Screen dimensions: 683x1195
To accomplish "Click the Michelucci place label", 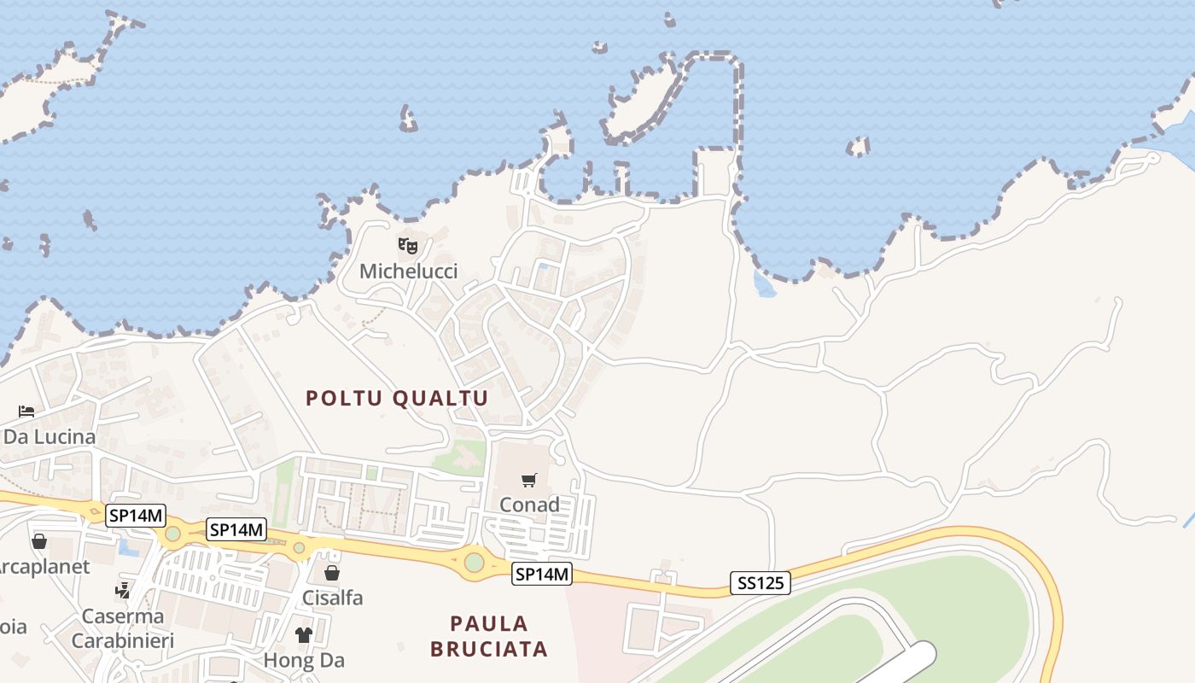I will [x=408, y=271].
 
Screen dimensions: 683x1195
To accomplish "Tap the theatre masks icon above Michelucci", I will [x=408, y=246].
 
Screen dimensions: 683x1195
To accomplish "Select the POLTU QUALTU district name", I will [x=397, y=398].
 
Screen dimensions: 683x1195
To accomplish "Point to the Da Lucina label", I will [x=49, y=437].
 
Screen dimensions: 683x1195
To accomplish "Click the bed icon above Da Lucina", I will [x=26, y=412].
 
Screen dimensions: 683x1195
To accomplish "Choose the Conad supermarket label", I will [x=529, y=505].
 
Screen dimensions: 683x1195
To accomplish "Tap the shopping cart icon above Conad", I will [x=529, y=480].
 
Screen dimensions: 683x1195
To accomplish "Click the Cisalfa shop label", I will [x=332, y=598].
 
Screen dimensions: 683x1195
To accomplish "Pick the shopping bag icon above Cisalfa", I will [x=332, y=573].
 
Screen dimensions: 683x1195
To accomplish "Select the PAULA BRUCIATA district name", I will [x=488, y=636].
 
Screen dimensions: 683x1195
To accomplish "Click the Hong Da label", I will [x=304, y=660].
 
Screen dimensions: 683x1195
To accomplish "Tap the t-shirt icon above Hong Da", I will [x=304, y=635].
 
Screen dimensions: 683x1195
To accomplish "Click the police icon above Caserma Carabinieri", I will [x=123, y=590].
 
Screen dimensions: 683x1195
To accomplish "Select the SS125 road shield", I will [x=761, y=584].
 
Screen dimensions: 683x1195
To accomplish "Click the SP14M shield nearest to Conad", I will [x=541, y=575].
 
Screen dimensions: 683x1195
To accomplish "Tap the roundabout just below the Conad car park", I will [x=474, y=563].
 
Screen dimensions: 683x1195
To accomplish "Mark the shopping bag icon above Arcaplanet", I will [x=39, y=541].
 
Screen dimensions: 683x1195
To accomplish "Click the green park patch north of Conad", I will [x=461, y=458].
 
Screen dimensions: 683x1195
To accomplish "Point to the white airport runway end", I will [x=918, y=657].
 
